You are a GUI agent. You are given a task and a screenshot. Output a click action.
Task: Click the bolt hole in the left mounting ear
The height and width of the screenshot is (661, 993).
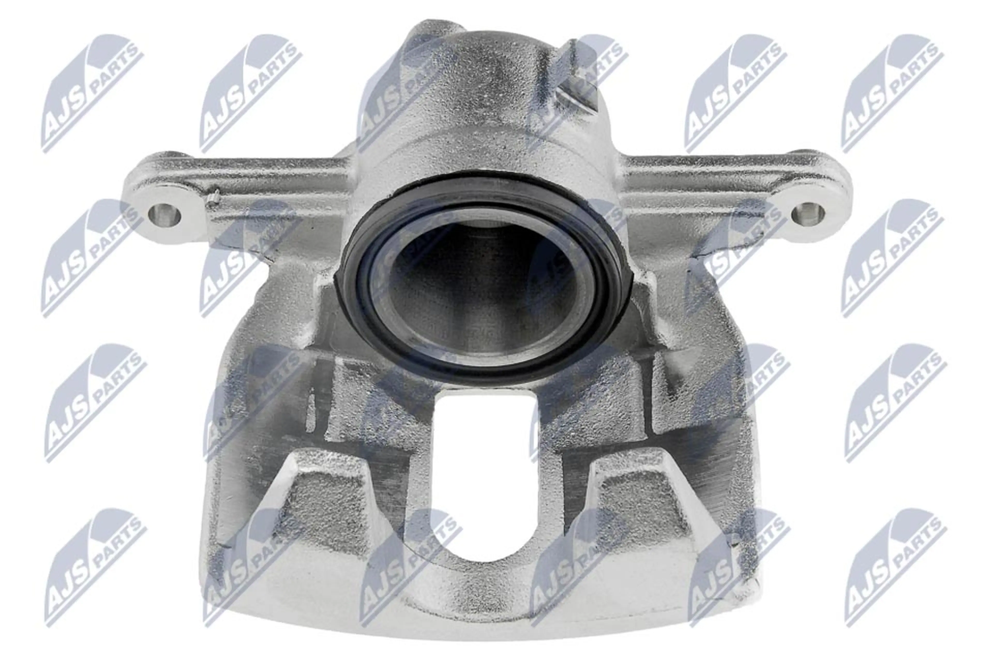[164, 215]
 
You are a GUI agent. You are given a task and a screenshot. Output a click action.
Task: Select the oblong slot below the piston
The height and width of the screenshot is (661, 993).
[485, 476]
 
